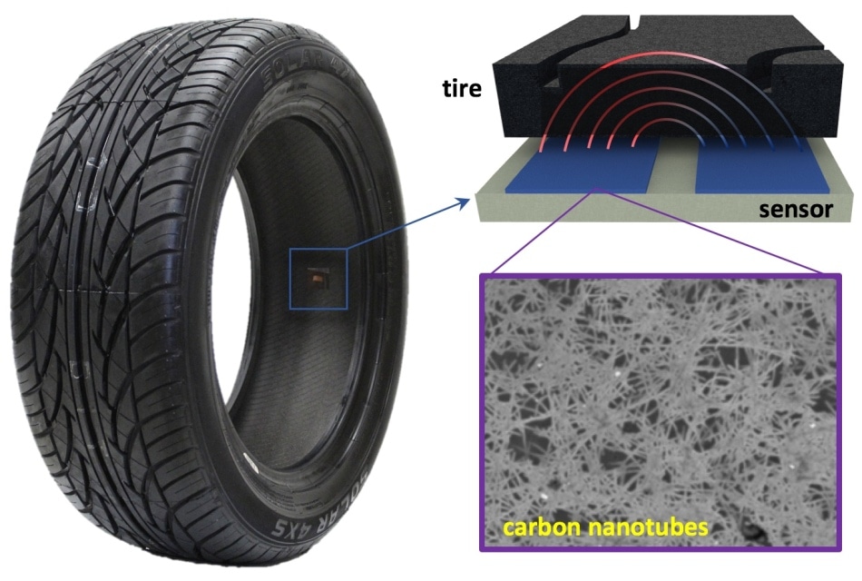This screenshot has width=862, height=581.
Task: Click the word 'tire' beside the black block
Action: pos(462,88)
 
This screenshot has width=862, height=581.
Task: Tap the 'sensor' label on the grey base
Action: pos(796,210)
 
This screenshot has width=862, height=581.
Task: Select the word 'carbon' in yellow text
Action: pos(542,527)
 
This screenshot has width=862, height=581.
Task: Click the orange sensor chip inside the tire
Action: pos(318,279)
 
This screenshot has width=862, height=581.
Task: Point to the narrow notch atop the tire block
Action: pos(635,23)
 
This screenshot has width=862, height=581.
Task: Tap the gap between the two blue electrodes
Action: pos(677,165)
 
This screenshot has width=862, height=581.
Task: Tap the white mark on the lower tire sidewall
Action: pos(250,460)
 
